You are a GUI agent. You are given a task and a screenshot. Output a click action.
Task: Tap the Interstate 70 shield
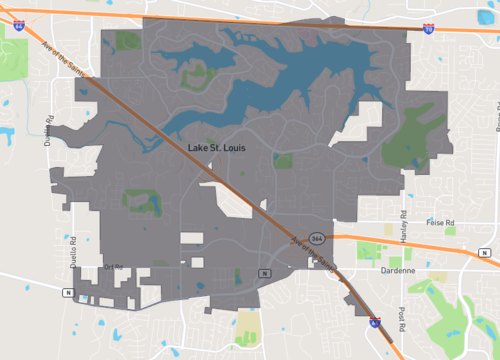pyautogui.click(x=428, y=31)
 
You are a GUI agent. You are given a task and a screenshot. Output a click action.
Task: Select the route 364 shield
pyautogui.click(x=316, y=238)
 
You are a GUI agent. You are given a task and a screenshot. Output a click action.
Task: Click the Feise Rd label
pyautogui.click(x=440, y=222)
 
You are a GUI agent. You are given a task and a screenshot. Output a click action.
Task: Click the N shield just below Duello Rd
pyautogui.click(x=67, y=292)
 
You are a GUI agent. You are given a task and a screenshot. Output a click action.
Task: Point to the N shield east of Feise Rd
pyautogui.click(x=486, y=251)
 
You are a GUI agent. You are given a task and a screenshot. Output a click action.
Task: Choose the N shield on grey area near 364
pyautogui.click(x=263, y=272)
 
